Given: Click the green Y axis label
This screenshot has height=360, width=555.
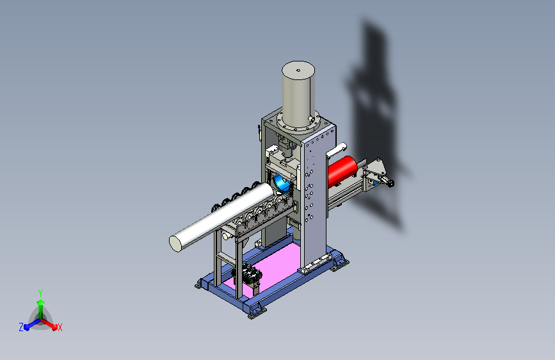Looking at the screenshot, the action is tap(40, 293).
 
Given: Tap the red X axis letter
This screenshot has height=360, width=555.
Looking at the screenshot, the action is tap(60, 327).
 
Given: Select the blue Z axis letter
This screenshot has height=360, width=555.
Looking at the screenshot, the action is tap(21, 327).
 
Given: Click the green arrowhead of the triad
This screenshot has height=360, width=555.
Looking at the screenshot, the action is tap(41, 302).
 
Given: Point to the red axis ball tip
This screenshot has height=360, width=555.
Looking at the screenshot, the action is tap(54, 327).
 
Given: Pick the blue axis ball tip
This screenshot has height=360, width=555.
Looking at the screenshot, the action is tap(26, 328).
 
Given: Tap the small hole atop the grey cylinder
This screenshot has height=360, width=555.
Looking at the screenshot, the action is tap(298, 70).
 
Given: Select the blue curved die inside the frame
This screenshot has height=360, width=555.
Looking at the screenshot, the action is tap(282, 183).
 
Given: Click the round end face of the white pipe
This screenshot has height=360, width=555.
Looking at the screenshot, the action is tap(175, 243).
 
